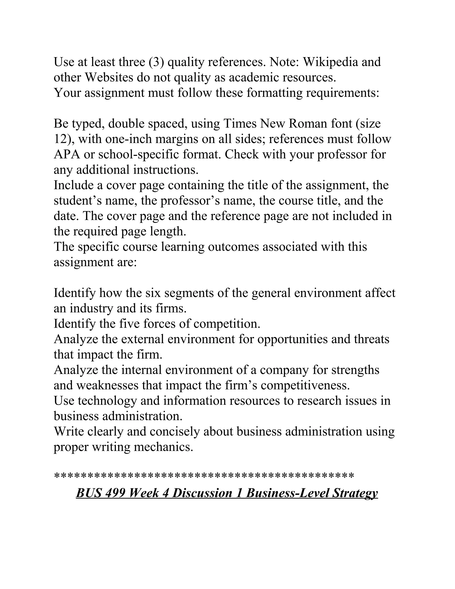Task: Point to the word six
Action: click(153, 293)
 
